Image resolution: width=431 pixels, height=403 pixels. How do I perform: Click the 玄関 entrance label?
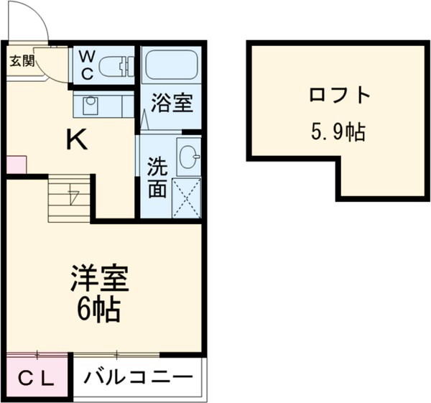[x=22, y=60]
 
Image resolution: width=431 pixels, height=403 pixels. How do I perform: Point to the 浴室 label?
[x=173, y=103]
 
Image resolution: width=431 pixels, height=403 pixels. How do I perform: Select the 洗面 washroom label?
[x=158, y=179]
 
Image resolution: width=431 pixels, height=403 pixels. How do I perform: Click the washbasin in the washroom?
[x=188, y=157]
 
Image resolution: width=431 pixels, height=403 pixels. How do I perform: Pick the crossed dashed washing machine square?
[x=187, y=198]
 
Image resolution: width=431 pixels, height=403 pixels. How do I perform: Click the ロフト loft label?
[x=340, y=96]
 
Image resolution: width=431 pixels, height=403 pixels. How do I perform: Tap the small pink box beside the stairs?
[x=16, y=165]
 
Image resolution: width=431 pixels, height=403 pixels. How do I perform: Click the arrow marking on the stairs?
[x=73, y=195]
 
